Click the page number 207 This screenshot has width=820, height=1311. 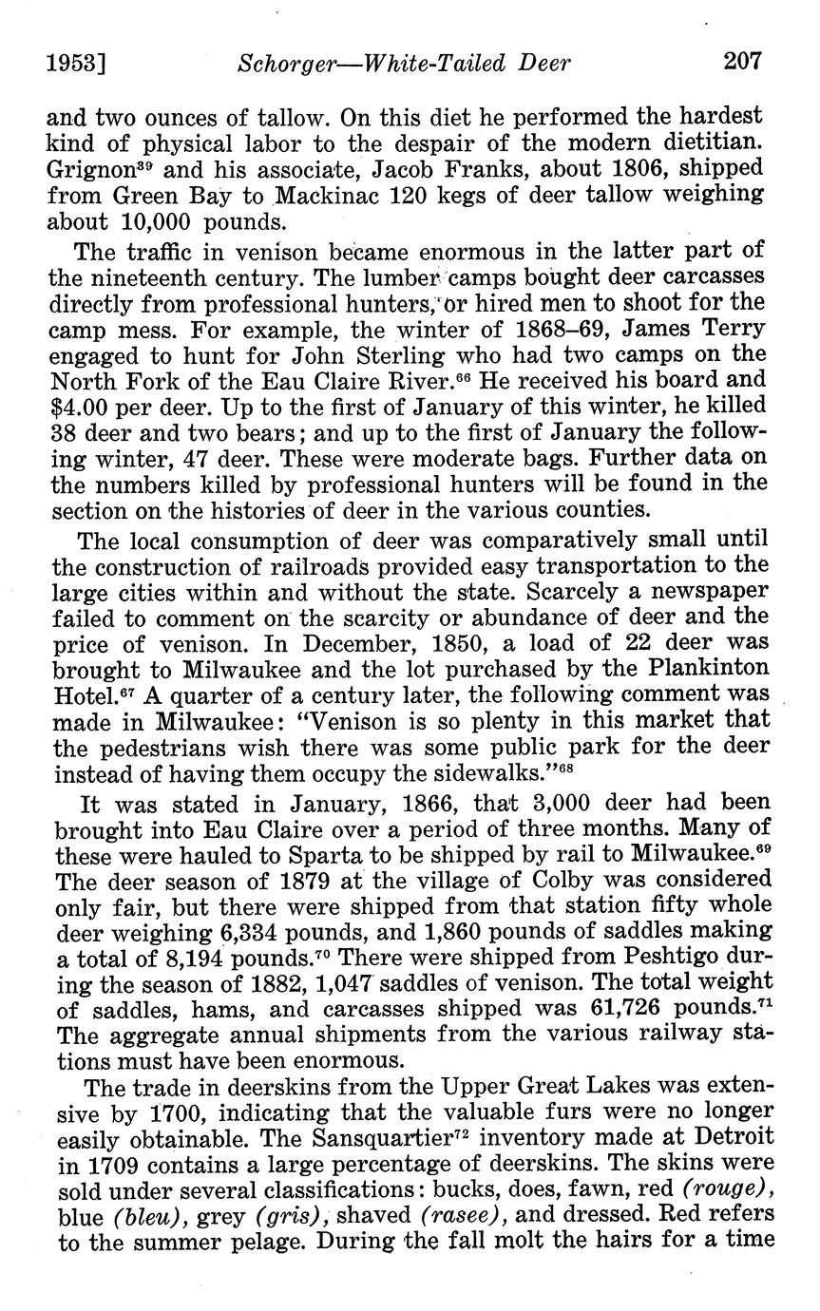coord(741,63)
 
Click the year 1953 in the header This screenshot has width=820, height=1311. coord(73,64)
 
